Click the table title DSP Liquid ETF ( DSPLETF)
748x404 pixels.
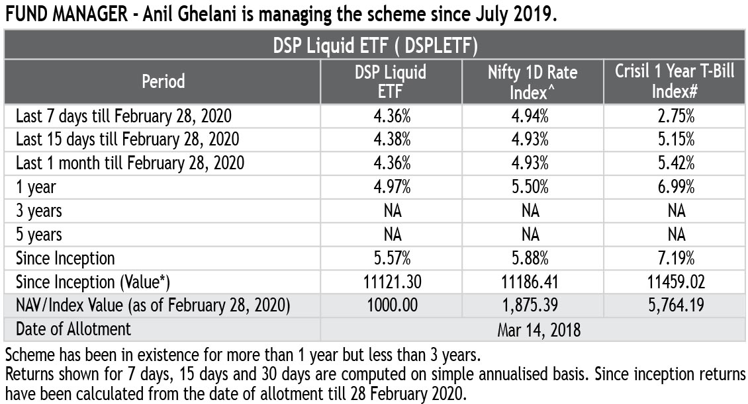(x=375, y=46)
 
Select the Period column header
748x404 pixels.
(x=163, y=81)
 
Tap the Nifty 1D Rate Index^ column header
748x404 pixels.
(x=532, y=82)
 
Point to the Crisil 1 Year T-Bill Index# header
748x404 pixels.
(x=675, y=81)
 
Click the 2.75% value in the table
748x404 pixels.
(x=676, y=116)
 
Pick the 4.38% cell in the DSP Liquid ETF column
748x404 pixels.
(x=392, y=139)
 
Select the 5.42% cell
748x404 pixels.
(x=676, y=163)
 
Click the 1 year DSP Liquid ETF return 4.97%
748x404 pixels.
(x=392, y=186)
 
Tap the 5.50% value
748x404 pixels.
(x=530, y=186)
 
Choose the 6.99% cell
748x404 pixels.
(x=676, y=186)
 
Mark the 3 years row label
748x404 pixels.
(x=39, y=211)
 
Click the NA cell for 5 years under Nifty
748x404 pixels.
(x=530, y=234)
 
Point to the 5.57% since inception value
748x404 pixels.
(x=392, y=259)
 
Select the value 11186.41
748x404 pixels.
(x=530, y=282)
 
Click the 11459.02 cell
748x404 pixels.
(x=676, y=282)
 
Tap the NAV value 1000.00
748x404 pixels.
(x=392, y=305)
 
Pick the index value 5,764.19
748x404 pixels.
(x=676, y=305)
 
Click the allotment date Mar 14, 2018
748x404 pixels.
(x=539, y=330)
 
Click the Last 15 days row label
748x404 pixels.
(x=127, y=140)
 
